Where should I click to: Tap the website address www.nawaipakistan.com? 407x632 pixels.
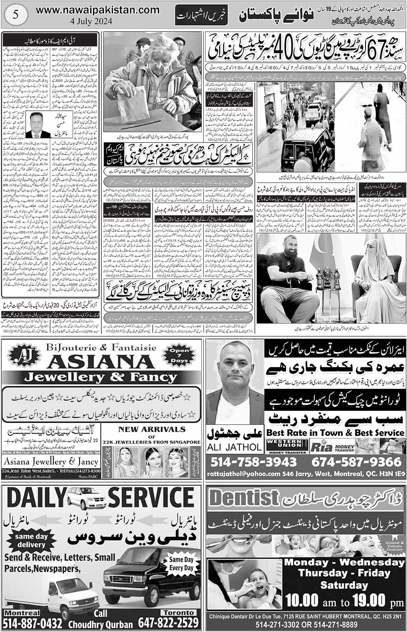98,9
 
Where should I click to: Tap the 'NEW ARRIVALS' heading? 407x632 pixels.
151,429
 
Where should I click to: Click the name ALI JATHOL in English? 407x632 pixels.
235,447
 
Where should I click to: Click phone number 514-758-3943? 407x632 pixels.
254,462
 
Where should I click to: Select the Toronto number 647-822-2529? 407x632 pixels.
168,623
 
